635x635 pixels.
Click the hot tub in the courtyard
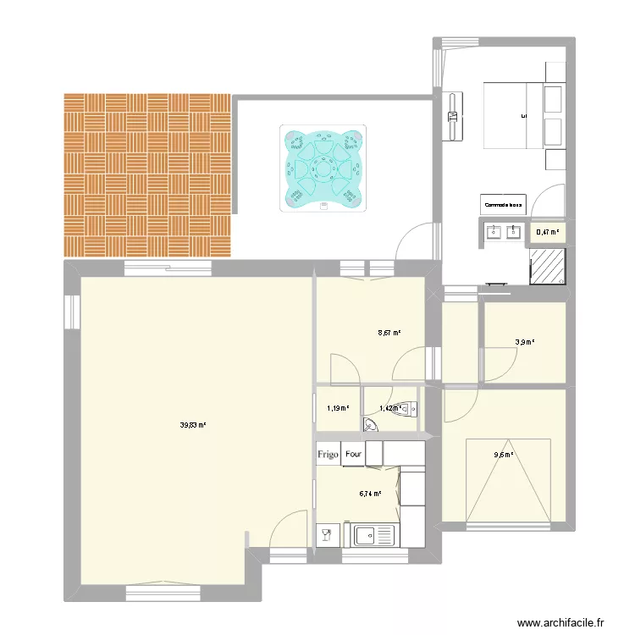click(323, 168)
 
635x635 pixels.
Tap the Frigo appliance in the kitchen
click(328, 454)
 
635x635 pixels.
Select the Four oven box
click(353, 454)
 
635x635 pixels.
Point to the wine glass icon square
click(324, 535)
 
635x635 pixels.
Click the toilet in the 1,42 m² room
click(407, 409)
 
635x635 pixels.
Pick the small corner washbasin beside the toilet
click(370, 425)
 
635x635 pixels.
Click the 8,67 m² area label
click(389, 333)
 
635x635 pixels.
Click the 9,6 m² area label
click(505, 455)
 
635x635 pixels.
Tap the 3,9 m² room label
click(525, 343)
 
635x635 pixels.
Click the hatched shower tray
click(547, 268)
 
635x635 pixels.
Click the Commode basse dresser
click(505, 205)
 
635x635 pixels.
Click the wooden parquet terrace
click(147, 174)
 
